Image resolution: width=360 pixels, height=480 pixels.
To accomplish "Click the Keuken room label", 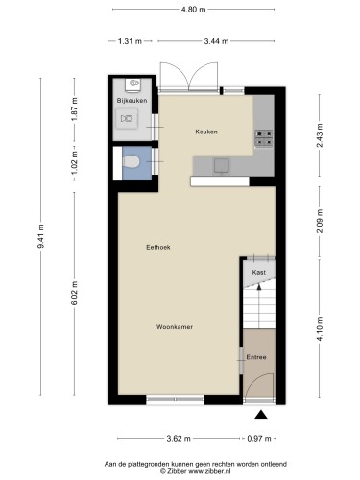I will [205, 132].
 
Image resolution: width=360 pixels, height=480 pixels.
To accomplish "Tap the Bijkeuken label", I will [132, 100].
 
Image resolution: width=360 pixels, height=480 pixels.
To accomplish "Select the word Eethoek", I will [144, 247].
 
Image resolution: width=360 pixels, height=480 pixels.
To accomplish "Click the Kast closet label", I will [258, 273].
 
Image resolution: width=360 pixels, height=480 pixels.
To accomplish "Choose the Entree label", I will [257, 358].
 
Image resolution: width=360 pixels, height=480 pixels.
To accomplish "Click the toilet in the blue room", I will [131, 163].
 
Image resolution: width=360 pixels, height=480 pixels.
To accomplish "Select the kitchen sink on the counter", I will [222, 164].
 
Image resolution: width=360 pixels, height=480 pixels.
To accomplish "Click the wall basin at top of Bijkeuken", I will [132, 84].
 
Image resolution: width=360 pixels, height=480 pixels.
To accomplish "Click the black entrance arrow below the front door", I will [260, 415].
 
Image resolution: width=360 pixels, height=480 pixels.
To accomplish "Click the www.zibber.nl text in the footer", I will [196, 470].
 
